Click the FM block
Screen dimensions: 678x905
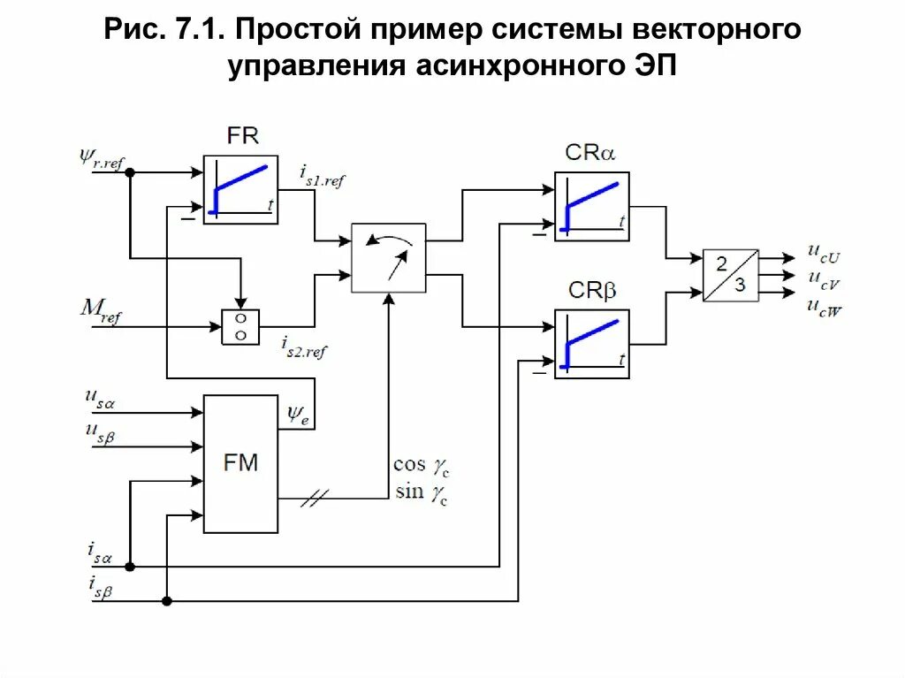240,463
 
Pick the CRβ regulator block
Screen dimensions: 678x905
591,344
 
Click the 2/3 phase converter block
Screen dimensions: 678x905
730,275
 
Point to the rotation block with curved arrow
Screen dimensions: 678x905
388,257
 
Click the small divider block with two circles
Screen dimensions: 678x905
240,326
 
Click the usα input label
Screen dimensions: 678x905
100,400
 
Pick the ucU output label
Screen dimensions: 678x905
823,253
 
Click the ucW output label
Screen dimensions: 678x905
823,308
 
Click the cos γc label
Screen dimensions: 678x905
421,465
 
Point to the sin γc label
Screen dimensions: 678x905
421,491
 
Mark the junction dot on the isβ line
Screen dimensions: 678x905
167,600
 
